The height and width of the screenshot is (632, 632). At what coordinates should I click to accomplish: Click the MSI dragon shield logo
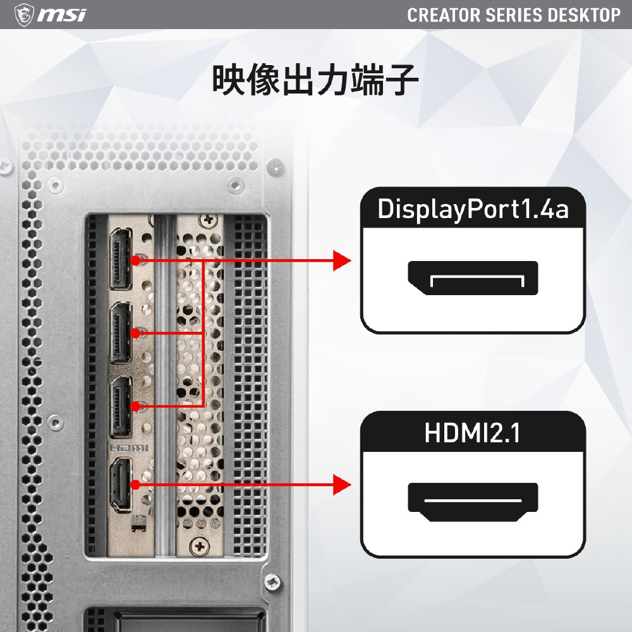pos(24,15)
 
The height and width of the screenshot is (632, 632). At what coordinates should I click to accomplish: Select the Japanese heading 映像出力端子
pos(315,80)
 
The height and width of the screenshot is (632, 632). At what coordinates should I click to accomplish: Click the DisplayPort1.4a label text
pos(473,209)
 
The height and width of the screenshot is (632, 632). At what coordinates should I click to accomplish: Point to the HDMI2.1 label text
pos(472,433)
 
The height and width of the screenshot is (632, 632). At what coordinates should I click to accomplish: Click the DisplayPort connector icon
pos(473,278)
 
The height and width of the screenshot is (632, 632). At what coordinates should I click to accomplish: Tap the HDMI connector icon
pos(473,502)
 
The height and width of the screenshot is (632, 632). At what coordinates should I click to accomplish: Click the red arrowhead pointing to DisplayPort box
pos(342,261)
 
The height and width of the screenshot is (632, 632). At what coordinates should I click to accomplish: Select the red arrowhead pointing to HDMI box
pos(342,485)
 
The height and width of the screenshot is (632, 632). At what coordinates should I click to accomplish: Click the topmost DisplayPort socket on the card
pos(121,258)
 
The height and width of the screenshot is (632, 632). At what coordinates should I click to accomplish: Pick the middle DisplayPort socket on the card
pos(121,333)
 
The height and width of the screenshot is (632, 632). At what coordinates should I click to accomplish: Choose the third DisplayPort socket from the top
pos(121,407)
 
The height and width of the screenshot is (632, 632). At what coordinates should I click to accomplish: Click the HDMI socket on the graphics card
pos(121,485)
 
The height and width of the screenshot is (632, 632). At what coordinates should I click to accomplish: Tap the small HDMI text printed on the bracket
pos(128,448)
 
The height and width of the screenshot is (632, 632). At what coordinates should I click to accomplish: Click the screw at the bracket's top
pos(209,221)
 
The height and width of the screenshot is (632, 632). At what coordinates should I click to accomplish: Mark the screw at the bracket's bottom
pos(200,547)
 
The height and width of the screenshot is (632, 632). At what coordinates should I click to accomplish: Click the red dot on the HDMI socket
pos(135,485)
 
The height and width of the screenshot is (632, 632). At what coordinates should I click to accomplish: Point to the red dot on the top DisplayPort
pos(135,261)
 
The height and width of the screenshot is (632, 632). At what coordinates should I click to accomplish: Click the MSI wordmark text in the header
pos(62,15)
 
